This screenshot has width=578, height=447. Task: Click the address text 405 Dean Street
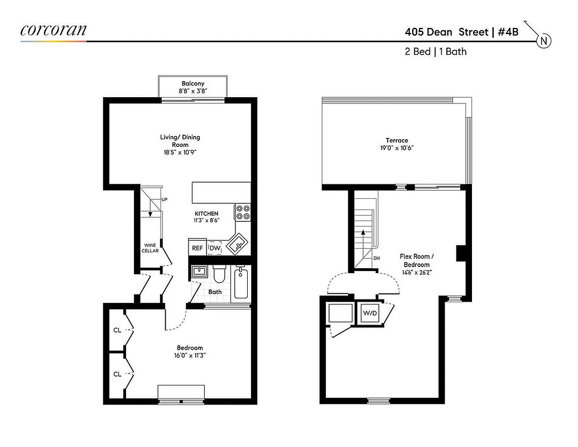446,32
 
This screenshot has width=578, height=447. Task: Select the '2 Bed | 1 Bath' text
436,51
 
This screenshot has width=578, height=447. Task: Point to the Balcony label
192,83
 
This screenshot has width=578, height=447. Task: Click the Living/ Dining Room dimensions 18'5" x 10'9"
180,152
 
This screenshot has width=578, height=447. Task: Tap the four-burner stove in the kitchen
243,212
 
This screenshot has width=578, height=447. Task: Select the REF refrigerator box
197,248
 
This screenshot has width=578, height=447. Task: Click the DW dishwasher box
215,248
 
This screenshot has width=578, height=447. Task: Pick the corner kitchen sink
238,244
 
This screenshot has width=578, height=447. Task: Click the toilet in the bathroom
218,274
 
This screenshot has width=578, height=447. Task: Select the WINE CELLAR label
150,248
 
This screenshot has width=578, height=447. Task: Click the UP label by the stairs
165,199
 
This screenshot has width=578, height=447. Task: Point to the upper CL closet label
117,330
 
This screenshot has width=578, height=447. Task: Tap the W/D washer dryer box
370,313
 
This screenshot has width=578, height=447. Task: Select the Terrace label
397,140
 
